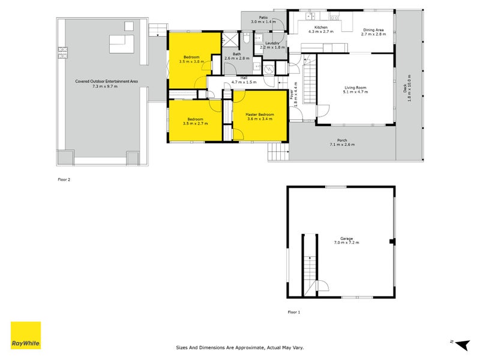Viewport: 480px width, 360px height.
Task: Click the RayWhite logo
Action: tap(26, 335)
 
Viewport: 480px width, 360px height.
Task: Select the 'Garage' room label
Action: tap(342, 238)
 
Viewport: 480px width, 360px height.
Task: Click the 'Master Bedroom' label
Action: tap(259, 115)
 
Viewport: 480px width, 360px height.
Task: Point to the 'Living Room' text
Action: tap(355, 88)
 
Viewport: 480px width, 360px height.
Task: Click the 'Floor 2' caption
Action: tap(64, 179)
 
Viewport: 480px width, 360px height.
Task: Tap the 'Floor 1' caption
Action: tap(293, 312)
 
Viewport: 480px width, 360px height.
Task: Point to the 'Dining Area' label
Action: tap(373, 30)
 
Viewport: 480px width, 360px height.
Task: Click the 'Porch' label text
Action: tap(342, 140)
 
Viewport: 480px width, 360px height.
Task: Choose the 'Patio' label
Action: tap(263, 17)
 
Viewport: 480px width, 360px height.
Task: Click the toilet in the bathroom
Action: tap(247, 40)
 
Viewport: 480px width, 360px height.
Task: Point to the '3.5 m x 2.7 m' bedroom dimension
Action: tap(195, 124)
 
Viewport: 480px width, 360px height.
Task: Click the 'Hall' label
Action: tap(244, 77)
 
